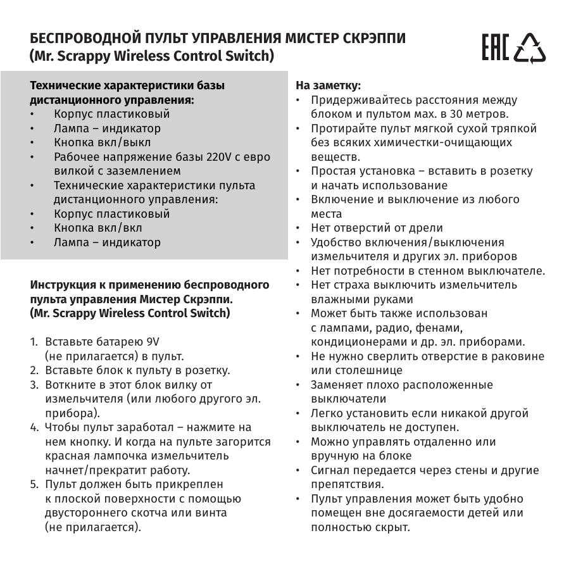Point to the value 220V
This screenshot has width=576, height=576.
coord(218,157)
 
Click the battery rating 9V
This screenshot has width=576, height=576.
coord(153,342)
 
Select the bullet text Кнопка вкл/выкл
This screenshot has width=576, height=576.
coord(103,142)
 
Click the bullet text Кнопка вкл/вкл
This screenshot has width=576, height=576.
coord(98,228)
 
